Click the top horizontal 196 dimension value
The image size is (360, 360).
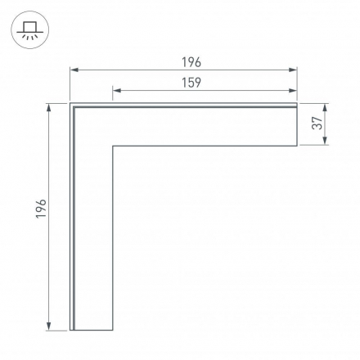[191, 62]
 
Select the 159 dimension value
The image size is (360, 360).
[191, 82]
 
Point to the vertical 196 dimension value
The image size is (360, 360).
[42, 209]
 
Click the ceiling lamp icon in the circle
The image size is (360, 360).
[30, 30]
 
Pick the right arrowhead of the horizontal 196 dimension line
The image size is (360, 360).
[294, 71]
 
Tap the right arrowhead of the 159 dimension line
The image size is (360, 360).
[294, 90]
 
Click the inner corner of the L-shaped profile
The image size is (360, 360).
[112, 146]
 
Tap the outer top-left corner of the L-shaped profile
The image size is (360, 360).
[70, 104]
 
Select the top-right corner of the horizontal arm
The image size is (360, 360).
[297, 104]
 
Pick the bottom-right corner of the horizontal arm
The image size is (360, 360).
[297, 146]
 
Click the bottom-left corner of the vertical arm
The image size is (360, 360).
[70, 331]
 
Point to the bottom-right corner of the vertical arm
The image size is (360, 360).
[112, 331]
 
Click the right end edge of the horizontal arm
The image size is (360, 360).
[297, 125]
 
